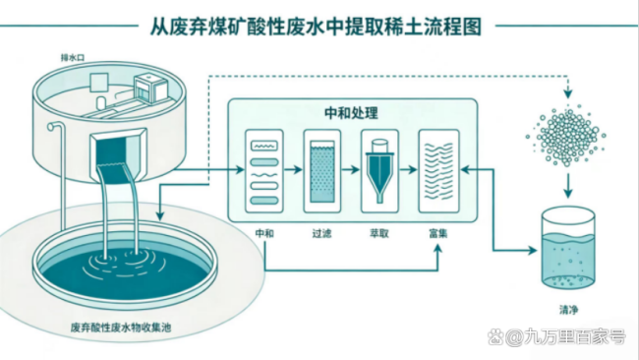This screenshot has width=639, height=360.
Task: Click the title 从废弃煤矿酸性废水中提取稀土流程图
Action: tap(316, 27)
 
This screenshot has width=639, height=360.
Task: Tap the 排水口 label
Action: tap(73, 57)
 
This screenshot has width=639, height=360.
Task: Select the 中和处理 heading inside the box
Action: tap(351, 113)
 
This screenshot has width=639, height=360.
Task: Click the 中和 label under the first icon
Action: tap(264, 233)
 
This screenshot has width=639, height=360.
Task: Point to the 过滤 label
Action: tap(321, 233)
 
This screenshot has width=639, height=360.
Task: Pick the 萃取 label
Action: tap(379, 233)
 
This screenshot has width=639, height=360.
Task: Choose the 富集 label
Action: tap(438, 233)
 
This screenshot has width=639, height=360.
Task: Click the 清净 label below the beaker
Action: tap(568, 310)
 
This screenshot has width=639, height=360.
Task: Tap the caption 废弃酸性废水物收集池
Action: tap(121, 327)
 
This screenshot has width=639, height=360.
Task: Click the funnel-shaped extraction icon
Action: tap(379, 171)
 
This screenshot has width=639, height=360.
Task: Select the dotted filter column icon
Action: tap(321, 171)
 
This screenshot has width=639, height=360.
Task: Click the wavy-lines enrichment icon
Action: tap(438, 171)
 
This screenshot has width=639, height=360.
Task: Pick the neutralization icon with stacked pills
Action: tap(264, 171)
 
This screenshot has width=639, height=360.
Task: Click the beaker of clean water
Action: tap(567, 248)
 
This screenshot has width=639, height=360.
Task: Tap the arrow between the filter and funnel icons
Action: tap(351, 169)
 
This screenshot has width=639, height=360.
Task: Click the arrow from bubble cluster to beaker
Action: tap(568, 186)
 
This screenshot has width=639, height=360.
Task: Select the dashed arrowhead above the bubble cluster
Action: tap(568, 93)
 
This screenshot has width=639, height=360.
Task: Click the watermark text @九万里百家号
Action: tap(565, 336)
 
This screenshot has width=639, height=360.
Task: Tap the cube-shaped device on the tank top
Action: tap(150, 87)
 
